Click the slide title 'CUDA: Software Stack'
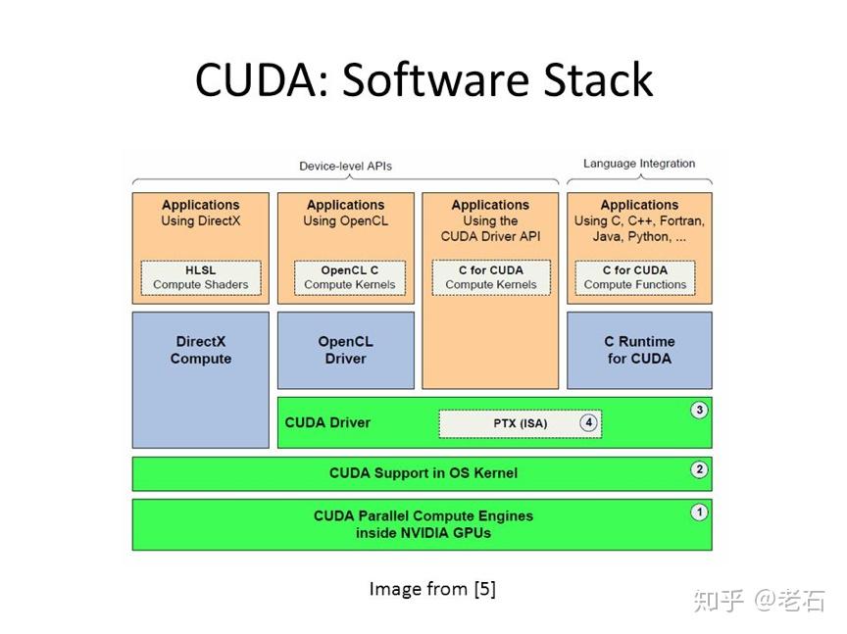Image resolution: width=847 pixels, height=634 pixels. point(423,79)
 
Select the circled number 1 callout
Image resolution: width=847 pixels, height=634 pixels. point(699,512)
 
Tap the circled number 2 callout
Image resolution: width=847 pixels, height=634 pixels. point(699,469)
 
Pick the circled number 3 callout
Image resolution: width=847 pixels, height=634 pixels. point(699,410)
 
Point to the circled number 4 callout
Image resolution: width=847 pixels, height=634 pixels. point(588,423)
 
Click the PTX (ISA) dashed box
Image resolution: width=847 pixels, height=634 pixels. point(520,423)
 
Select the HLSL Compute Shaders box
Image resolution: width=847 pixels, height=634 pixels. point(201,277)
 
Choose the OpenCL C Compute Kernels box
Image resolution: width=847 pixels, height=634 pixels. point(349,277)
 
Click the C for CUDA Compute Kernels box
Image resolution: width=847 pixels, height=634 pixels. point(490,277)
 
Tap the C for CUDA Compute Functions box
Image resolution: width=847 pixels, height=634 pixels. point(635,277)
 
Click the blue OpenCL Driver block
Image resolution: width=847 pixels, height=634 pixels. point(345,351)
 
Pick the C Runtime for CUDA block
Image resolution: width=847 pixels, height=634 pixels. point(639,351)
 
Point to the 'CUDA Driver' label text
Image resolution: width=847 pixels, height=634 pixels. point(327,423)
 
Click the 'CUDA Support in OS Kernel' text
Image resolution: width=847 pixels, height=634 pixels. point(423,473)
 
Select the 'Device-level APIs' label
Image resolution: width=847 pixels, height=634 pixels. point(345,166)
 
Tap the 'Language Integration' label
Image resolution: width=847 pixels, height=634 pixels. point(639,164)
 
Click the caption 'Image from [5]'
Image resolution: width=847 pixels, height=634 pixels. point(432,589)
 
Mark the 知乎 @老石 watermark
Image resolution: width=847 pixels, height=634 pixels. point(759,601)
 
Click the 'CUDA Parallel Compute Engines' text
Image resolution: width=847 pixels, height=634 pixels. point(423,515)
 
